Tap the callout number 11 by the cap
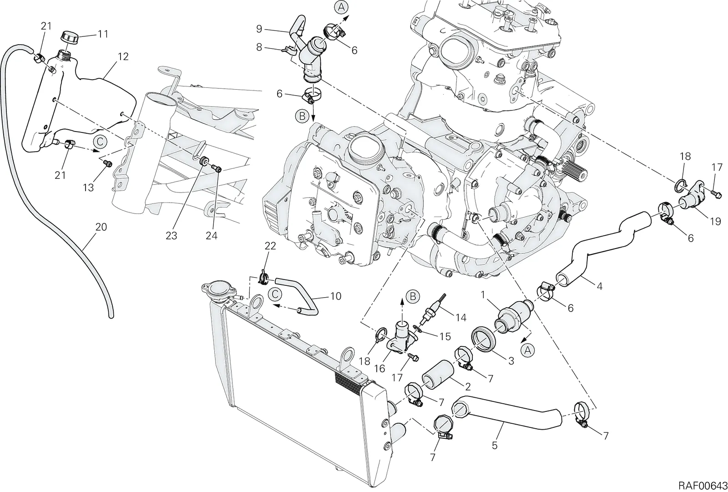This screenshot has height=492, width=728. tap(103, 34)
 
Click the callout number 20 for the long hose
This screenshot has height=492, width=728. tap(101, 227)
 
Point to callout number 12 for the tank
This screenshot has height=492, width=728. tap(123, 56)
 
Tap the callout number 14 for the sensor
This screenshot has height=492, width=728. tap(461, 317)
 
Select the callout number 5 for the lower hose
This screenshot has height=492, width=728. tap(495, 445)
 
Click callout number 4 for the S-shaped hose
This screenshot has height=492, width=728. tap(600, 286)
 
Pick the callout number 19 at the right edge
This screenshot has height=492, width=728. tap(716, 222)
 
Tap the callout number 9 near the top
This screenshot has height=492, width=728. tap(259, 29)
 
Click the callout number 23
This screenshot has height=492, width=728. tap(171, 235)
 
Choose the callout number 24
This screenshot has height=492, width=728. tap(212, 235)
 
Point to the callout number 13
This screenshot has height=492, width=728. tap(88, 188)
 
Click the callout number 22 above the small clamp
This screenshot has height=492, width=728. tap(270, 246)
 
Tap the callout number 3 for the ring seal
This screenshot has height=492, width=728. tap(511, 360)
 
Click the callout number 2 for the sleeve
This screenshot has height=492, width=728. tap(468, 387)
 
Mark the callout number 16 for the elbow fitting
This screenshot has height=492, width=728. tap(379, 368)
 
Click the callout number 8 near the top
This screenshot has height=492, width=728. tap(259, 47)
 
